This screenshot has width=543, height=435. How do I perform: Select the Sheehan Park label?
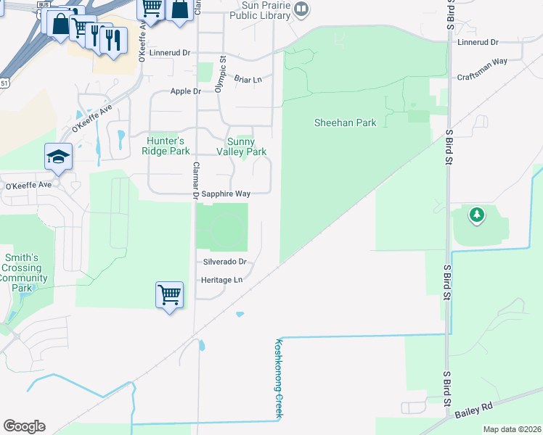coord(345,123)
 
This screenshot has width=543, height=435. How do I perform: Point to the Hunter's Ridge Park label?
coord(168,146)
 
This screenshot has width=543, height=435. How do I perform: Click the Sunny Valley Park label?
coord(242,146)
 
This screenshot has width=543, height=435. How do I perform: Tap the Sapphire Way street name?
coord(226,194)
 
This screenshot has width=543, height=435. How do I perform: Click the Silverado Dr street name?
coord(225,261)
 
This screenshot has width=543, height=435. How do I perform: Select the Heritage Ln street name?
coord(222,280)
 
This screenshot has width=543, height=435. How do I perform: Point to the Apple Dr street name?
coord(185,91)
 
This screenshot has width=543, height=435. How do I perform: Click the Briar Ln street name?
coord(248,78)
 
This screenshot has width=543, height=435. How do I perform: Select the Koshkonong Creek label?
coord(277,378)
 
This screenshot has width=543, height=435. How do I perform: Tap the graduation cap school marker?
coord(57,156)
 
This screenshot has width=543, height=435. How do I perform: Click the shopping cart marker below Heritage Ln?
coord(168,294)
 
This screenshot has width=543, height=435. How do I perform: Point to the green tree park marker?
coord(476,215)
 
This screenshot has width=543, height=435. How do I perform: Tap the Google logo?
coord(24,426)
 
